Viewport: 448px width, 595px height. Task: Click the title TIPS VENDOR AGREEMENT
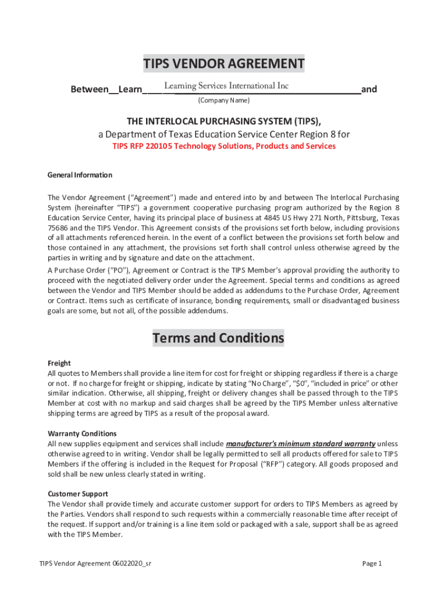click(x=224, y=64)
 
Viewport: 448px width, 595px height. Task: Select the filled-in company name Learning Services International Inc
click(x=226, y=86)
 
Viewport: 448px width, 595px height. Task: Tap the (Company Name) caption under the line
click(x=224, y=101)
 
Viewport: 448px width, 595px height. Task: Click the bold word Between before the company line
click(x=89, y=89)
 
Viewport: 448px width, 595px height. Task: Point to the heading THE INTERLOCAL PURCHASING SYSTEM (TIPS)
click(x=224, y=121)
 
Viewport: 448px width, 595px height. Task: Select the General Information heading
click(x=80, y=175)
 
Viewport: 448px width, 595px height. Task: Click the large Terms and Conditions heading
click(x=218, y=338)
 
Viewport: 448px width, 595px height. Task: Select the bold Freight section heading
click(x=59, y=363)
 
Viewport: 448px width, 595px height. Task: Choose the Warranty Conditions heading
click(x=82, y=433)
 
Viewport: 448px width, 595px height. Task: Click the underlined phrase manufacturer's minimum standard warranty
click(x=300, y=444)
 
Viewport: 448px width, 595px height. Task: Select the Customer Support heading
click(x=77, y=494)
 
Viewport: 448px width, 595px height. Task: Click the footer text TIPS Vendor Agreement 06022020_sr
click(x=96, y=564)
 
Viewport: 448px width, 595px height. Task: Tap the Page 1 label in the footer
click(x=372, y=564)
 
